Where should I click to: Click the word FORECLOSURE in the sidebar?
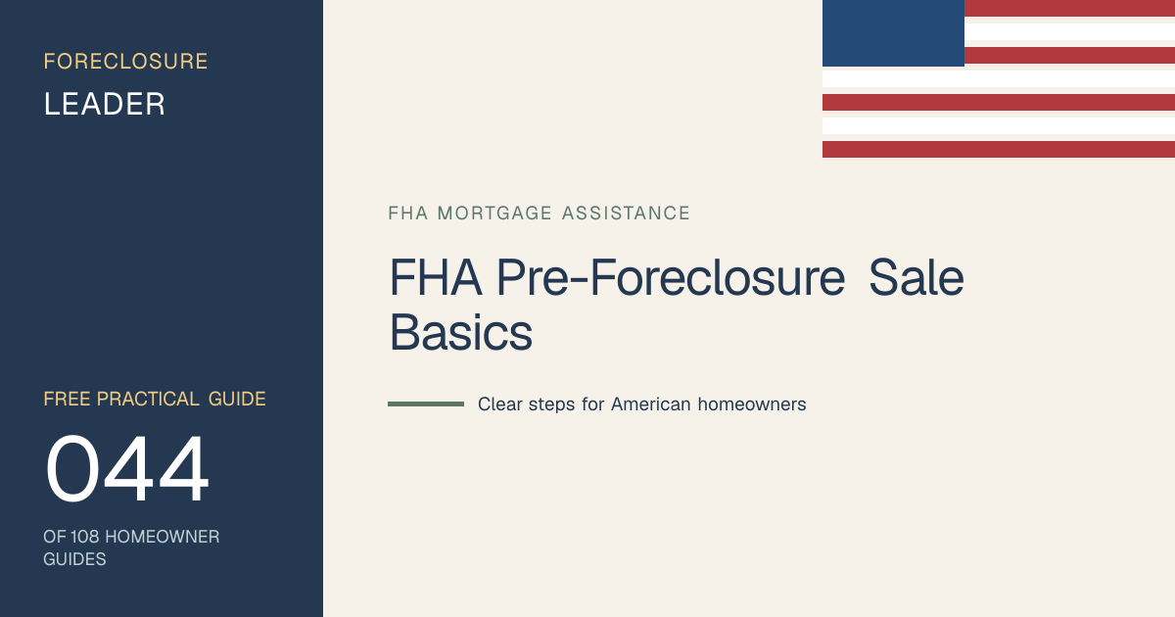pos(125,62)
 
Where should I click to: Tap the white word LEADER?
pos(105,104)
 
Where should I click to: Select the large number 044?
pos(127,468)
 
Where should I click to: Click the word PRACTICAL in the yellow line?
pos(148,399)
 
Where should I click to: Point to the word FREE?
pos(67,399)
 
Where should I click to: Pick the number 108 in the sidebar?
pos(84,537)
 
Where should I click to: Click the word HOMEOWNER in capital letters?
pos(163,537)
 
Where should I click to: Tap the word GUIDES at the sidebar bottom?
pos(74,559)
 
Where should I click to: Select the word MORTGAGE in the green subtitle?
pos(494,214)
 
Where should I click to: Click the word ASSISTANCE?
pos(626,214)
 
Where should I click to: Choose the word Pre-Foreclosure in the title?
pos(671,277)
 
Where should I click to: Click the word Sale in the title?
pos(916,277)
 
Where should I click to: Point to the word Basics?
pos(461,333)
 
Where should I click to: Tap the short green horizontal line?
pos(426,403)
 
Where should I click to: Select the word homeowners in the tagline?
pos(752,403)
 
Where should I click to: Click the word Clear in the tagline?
pos(500,403)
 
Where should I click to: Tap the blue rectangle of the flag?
pos(893,33)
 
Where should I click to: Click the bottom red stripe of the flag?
pos(999,149)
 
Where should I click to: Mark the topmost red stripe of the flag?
pos(1069,8)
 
